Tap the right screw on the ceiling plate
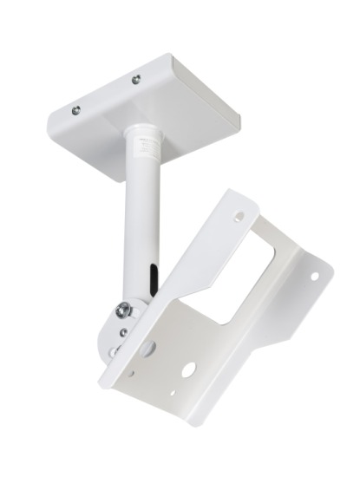click(x=134, y=82)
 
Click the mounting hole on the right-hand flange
click(x=314, y=278)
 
